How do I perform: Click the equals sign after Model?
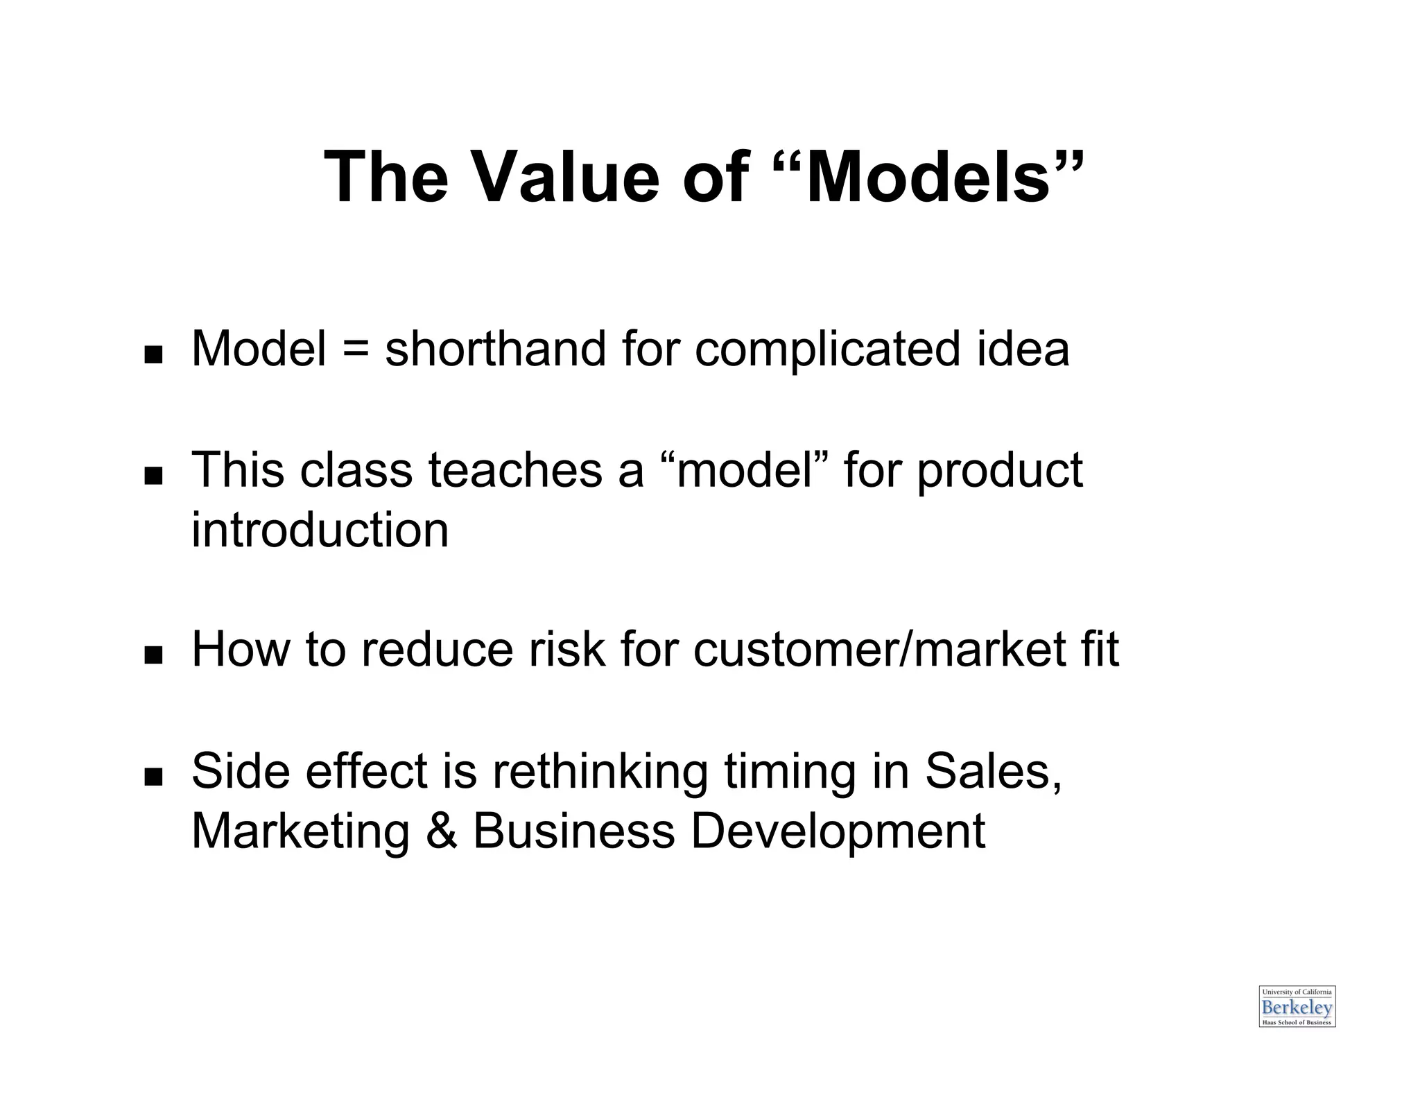[x=354, y=349]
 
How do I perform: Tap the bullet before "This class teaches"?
[x=153, y=477]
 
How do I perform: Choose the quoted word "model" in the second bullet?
[x=744, y=469]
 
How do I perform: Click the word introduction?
[x=320, y=530]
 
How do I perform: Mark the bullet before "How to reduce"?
[x=153, y=655]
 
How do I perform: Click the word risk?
[x=566, y=650]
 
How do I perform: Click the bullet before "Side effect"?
[x=153, y=777]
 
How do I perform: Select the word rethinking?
[x=600, y=772]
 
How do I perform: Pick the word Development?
[x=838, y=832]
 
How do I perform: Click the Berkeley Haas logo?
[x=1297, y=1006]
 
